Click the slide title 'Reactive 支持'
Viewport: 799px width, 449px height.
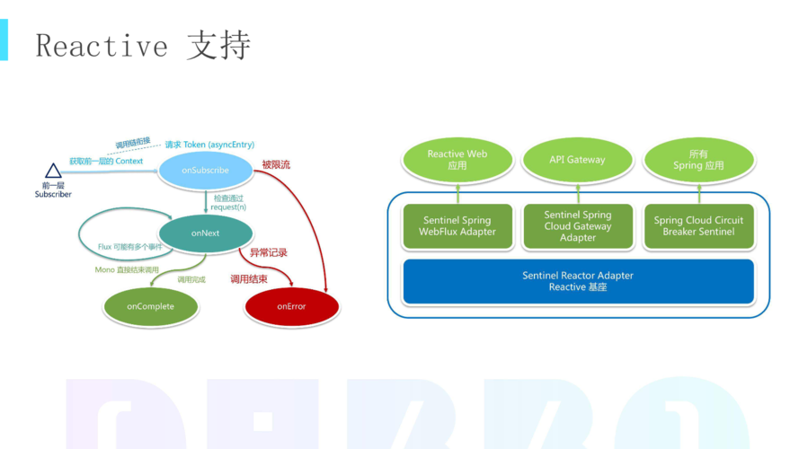pyautogui.click(x=143, y=46)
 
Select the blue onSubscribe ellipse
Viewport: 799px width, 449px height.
pyautogui.click(x=205, y=171)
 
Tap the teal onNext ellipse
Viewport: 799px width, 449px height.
pyautogui.click(x=205, y=233)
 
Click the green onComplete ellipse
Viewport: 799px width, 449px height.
pyautogui.click(x=150, y=307)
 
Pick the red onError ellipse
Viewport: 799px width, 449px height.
pyautogui.click(x=291, y=307)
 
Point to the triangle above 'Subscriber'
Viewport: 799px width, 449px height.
pyautogui.click(x=53, y=171)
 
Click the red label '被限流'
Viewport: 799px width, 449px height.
pyautogui.click(x=276, y=165)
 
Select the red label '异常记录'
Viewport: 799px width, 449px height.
pyautogui.click(x=269, y=253)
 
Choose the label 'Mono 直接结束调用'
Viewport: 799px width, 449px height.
pyautogui.click(x=127, y=270)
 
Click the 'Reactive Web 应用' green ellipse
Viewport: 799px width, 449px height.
pyautogui.click(x=457, y=160)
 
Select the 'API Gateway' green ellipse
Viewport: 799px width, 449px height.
pyautogui.click(x=577, y=160)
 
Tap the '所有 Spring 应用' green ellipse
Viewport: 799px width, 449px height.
pyautogui.click(x=698, y=160)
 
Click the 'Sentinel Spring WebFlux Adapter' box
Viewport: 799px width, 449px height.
pyautogui.click(x=457, y=226)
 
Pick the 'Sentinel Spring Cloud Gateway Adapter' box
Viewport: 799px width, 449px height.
pyautogui.click(x=577, y=226)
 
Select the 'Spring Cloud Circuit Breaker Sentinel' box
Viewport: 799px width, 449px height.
pyautogui.click(x=698, y=226)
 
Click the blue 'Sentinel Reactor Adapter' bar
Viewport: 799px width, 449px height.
pyautogui.click(x=578, y=281)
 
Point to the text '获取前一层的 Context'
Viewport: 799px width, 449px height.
pyautogui.click(x=106, y=162)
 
